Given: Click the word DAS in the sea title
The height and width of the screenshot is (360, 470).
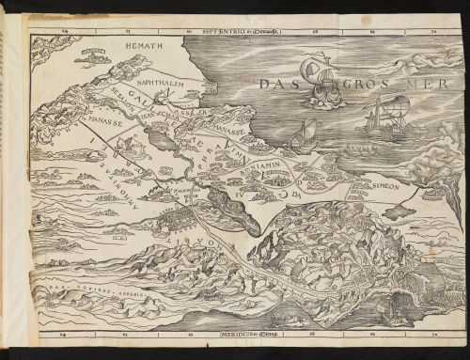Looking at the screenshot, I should pyautogui.click(x=277, y=86).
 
